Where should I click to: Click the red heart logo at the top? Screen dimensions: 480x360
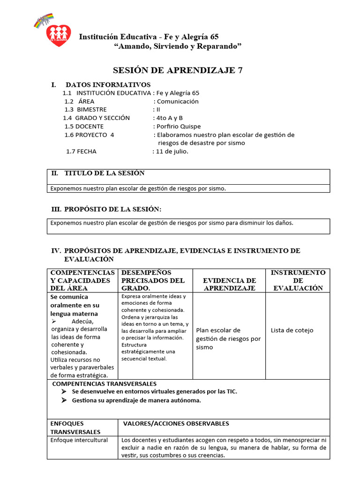coord(59,34)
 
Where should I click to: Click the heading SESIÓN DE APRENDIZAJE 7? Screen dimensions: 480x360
coord(178,70)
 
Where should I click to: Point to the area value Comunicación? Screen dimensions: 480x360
coord(178,101)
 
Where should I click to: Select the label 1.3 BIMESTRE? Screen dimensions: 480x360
coord(85,110)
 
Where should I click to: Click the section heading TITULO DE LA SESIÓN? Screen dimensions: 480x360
coord(104,173)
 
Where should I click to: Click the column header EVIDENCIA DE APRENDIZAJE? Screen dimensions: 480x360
coord(229,284)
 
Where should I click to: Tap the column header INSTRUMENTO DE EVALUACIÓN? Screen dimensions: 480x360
coord(298,280)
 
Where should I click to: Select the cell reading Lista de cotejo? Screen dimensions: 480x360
coord(292,330)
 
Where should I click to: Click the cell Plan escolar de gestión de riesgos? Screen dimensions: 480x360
coord(228,339)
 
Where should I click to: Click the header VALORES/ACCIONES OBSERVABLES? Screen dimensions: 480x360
coord(176,424)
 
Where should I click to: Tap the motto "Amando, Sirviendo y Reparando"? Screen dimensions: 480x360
coord(178,46)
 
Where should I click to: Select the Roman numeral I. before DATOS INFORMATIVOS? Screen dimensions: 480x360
coord(54,85)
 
